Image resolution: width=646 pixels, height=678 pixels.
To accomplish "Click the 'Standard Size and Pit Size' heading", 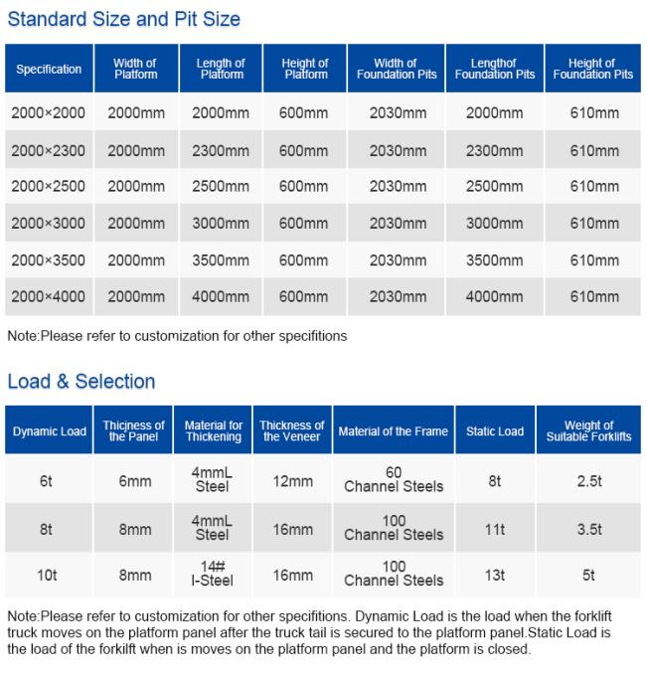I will (x=123, y=19).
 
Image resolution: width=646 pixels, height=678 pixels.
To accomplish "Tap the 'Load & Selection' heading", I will (x=81, y=382).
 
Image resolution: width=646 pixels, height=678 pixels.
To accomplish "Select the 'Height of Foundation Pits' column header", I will (x=593, y=69).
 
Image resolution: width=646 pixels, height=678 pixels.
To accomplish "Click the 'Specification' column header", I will (x=49, y=70).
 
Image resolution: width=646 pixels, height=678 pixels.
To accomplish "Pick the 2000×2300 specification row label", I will (x=49, y=150).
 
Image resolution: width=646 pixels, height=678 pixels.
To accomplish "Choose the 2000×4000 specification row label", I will (x=49, y=296).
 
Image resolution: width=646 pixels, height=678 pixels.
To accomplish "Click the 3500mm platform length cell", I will (x=221, y=259).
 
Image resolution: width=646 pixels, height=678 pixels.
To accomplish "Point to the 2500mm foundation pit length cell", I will (x=494, y=187).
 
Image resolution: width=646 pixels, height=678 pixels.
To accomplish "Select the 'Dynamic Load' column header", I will (x=49, y=431).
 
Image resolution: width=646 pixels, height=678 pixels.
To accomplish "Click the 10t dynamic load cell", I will (x=47, y=575).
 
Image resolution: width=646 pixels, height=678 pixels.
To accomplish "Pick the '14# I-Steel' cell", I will (x=212, y=574).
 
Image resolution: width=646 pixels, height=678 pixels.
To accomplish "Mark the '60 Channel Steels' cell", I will (x=394, y=479).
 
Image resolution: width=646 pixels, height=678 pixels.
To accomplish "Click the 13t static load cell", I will (x=495, y=575).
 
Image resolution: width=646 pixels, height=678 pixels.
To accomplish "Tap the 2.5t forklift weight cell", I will (x=589, y=481).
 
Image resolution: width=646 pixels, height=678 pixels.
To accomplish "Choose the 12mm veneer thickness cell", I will (x=292, y=481).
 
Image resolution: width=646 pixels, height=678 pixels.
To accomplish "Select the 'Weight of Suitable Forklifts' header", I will (x=589, y=430).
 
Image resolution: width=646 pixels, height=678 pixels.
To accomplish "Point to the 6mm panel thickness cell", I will (x=135, y=481).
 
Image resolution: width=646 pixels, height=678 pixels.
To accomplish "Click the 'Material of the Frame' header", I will (x=394, y=431).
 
